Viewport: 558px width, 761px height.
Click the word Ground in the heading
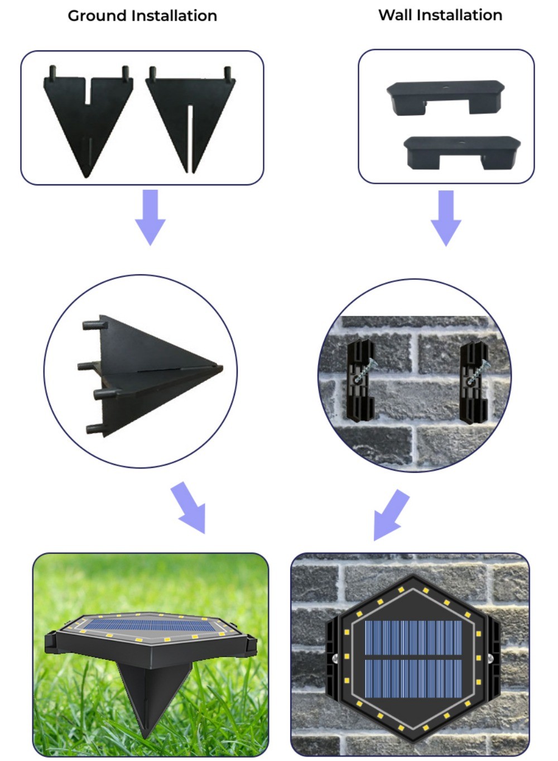[x=97, y=16]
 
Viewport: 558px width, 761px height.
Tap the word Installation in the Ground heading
[x=174, y=16]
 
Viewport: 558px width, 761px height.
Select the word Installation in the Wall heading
[x=460, y=15]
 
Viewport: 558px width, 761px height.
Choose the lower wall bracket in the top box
[x=462, y=152]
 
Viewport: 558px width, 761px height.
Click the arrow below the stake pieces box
[x=150, y=217]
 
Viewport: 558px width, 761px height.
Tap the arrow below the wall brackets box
[x=446, y=218]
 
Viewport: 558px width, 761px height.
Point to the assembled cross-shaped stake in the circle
[x=150, y=375]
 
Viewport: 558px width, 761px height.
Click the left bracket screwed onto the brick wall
[x=360, y=381]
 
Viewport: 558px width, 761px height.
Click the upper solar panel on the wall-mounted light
[x=413, y=638]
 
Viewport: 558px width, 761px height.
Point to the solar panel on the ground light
[x=150, y=625]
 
